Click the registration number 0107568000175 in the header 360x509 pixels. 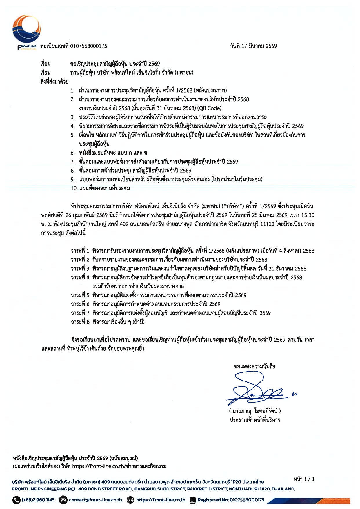click(89, 46)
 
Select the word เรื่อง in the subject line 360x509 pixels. click(45, 64)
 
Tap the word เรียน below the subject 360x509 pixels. click(46, 73)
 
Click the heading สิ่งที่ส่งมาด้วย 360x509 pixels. click(54, 81)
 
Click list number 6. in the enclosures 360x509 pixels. click(73, 153)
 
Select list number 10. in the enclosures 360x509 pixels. click(74, 189)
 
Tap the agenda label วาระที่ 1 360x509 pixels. click(80, 251)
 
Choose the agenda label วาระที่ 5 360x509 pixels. click(80, 295)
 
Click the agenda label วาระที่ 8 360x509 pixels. click(80, 322)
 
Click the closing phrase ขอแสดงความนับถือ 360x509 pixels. click(254, 367)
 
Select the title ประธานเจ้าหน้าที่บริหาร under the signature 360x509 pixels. click(255, 420)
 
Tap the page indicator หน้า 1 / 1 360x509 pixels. click(304, 479)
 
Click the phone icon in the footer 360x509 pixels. click(16, 500)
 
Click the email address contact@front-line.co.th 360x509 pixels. click(95, 500)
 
